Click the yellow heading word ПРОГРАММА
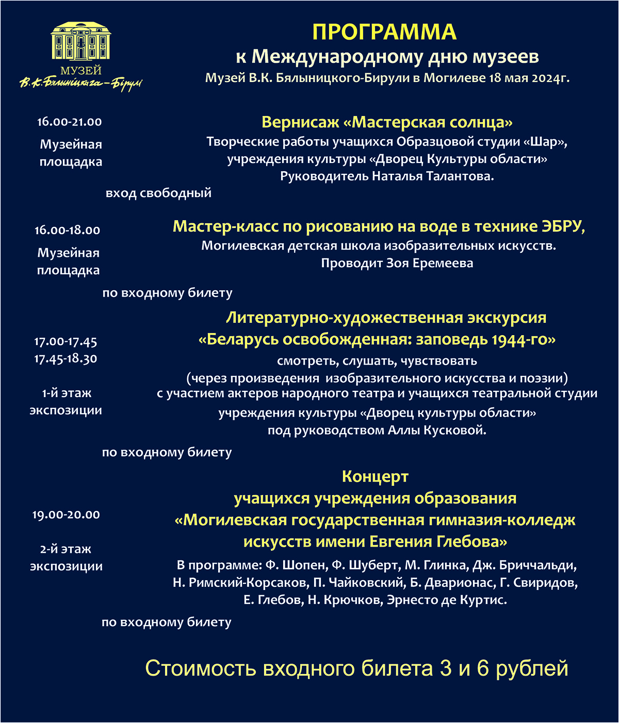(x=384, y=32)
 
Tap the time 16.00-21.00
(x=70, y=122)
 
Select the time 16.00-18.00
(x=68, y=231)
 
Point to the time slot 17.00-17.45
(x=66, y=341)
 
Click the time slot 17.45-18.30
(x=66, y=358)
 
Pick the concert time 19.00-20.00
(x=66, y=515)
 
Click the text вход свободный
(x=158, y=193)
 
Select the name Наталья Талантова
(x=432, y=176)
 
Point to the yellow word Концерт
(x=375, y=476)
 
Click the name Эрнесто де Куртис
(x=447, y=600)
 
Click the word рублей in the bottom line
(x=532, y=668)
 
